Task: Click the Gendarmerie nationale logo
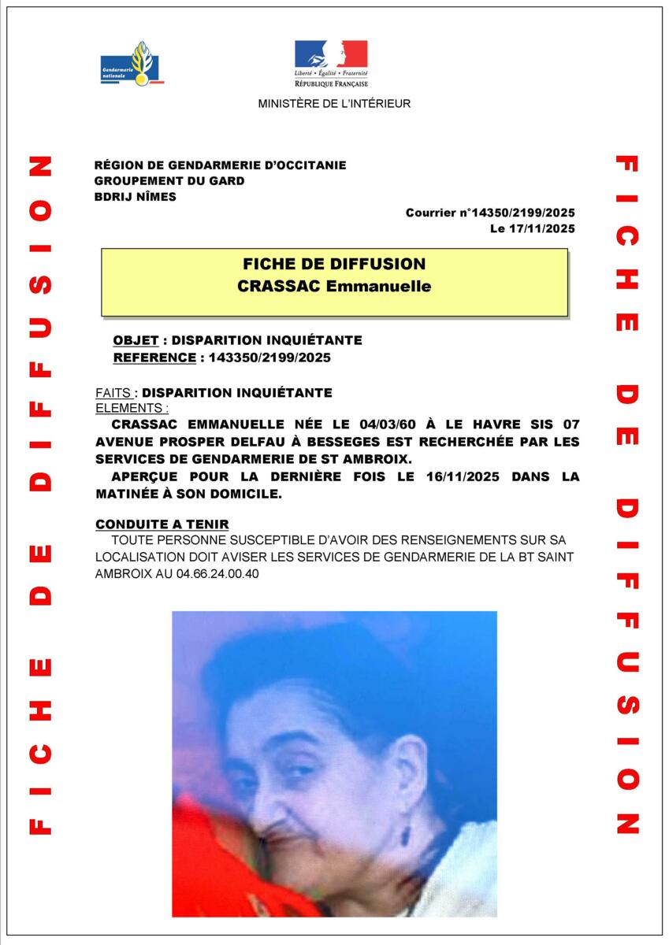click(132, 63)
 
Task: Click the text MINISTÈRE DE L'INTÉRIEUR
click(334, 104)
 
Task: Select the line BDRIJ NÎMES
click(135, 197)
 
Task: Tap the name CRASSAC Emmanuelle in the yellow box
click(334, 287)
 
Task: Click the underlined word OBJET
click(136, 340)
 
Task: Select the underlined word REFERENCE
click(154, 358)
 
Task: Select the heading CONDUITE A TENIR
click(162, 524)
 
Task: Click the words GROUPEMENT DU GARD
click(169, 181)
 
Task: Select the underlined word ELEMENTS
click(131, 408)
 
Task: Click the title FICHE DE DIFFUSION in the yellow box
click(334, 265)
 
